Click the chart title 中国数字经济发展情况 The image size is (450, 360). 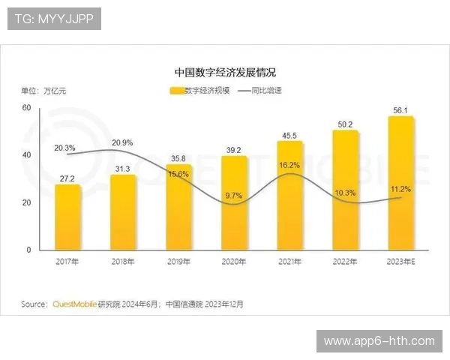pyautogui.click(x=225, y=73)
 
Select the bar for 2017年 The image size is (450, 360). pyautogui.click(x=68, y=217)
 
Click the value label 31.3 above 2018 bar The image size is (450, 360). pyautogui.click(x=124, y=168)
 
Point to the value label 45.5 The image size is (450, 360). pyautogui.click(x=290, y=135)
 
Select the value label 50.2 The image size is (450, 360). pyautogui.click(x=346, y=124)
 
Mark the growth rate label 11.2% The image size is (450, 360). pyautogui.click(x=401, y=189)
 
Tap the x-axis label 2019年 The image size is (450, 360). pyautogui.click(x=179, y=262)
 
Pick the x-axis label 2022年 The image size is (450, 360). pyautogui.click(x=346, y=262)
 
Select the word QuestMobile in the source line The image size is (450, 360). pyautogui.click(x=73, y=304)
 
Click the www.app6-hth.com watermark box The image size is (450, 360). pyautogui.click(x=379, y=341)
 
